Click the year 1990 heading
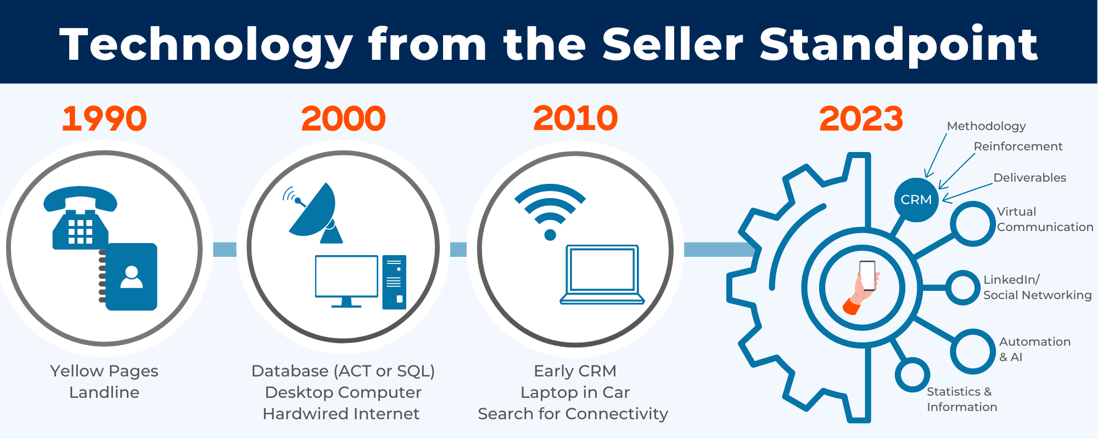coord(104,119)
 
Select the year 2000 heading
coord(343,119)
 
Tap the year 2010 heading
coord(575,119)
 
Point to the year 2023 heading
coord(861,119)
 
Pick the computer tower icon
coord(394,282)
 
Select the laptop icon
coord(602,274)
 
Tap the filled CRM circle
coord(916,200)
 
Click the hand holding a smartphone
coord(862,287)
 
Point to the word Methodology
coord(986,126)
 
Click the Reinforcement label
coord(1018,147)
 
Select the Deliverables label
coord(1029,178)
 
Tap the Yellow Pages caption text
coord(104,371)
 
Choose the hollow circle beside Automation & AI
coord(972,351)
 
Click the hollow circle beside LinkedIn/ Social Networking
coord(962,288)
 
